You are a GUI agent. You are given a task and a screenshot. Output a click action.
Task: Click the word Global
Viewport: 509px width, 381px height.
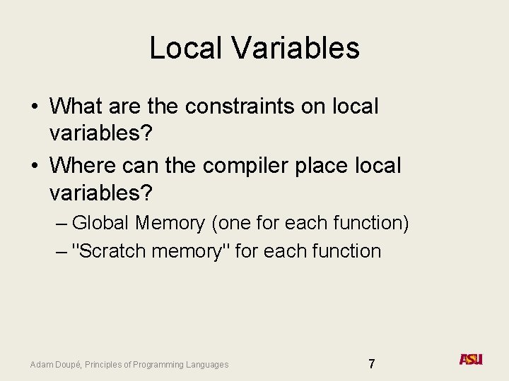100,223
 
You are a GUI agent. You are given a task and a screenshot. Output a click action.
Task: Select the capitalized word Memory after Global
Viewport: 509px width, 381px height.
170,223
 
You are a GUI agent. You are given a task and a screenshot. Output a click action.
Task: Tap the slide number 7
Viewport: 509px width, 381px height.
372,364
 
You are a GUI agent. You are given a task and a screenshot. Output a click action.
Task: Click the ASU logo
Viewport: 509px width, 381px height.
471,359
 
